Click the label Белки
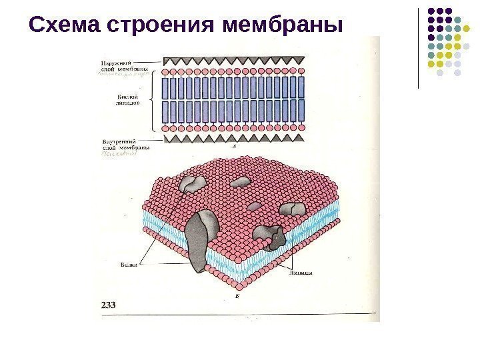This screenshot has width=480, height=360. tap(129, 265)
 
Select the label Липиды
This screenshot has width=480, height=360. tap(302, 272)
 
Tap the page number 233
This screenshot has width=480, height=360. tap(109, 305)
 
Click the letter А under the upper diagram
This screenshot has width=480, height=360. tap(234, 145)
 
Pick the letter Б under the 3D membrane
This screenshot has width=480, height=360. tap(237, 293)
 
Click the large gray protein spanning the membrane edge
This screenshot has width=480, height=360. tap(199, 240)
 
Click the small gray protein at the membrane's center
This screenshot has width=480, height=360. tap(240, 181)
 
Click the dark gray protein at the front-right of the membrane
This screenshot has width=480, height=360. tap(273, 236)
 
